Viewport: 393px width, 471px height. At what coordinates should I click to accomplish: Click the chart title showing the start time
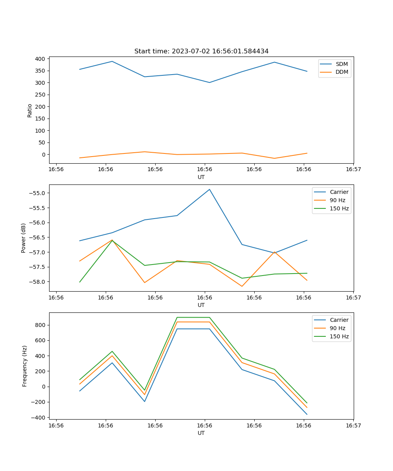201,51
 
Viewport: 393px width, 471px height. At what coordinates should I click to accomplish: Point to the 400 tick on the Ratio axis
40,59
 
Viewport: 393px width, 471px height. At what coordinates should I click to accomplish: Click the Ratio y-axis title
30,110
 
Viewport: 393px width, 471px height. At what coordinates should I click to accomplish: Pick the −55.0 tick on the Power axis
39,193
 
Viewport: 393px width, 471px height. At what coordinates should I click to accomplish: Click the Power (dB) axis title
24,238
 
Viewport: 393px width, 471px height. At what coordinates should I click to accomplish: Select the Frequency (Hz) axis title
25,366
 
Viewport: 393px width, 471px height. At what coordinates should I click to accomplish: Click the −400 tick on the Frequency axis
39,418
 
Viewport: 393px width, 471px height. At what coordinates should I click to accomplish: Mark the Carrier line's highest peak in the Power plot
209,189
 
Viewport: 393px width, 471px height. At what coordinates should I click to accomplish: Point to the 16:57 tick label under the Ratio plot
353,169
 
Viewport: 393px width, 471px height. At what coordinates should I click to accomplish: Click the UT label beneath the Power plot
201,305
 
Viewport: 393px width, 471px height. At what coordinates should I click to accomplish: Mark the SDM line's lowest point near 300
209,82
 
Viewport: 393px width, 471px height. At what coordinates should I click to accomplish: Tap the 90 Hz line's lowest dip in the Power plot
242,286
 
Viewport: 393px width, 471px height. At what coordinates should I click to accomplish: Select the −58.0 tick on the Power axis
39,282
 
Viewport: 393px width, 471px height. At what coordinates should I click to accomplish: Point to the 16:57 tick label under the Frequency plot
353,425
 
